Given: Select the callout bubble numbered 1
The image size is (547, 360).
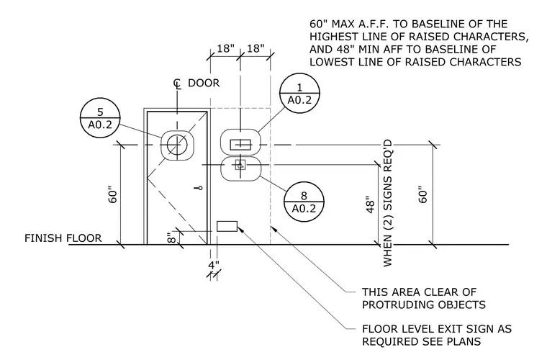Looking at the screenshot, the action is [x=299, y=93].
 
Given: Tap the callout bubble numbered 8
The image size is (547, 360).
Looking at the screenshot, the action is [x=304, y=202].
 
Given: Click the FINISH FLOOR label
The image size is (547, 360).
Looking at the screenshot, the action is [x=63, y=238].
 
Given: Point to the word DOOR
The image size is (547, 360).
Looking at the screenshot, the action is [x=204, y=83].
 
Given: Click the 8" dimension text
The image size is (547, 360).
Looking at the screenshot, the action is [x=171, y=238].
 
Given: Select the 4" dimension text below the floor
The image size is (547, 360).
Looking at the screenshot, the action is [x=214, y=266].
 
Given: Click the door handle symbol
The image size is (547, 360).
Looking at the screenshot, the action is [x=199, y=189].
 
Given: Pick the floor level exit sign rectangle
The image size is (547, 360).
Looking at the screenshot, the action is [x=227, y=226].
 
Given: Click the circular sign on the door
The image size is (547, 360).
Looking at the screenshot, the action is [x=177, y=145].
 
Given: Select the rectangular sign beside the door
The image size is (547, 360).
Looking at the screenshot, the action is [x=240, y=145].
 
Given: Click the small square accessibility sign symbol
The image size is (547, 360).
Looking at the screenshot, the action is [x=240, y=165].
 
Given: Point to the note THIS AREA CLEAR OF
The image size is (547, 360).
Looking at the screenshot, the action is [x=419, y=292].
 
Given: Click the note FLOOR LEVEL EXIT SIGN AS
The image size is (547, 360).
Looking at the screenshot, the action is [x=437, y=329].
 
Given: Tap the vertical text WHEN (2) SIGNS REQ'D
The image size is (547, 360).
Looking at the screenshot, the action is [x=387, y=203].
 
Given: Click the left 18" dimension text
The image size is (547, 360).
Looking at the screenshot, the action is [x=226, y=48].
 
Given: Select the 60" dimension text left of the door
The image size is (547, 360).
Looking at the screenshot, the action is [x=113, y=196].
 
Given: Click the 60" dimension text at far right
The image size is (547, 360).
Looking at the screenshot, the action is [x=422, y=196].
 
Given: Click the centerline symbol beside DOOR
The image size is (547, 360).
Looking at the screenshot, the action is [x=178, y=84].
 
